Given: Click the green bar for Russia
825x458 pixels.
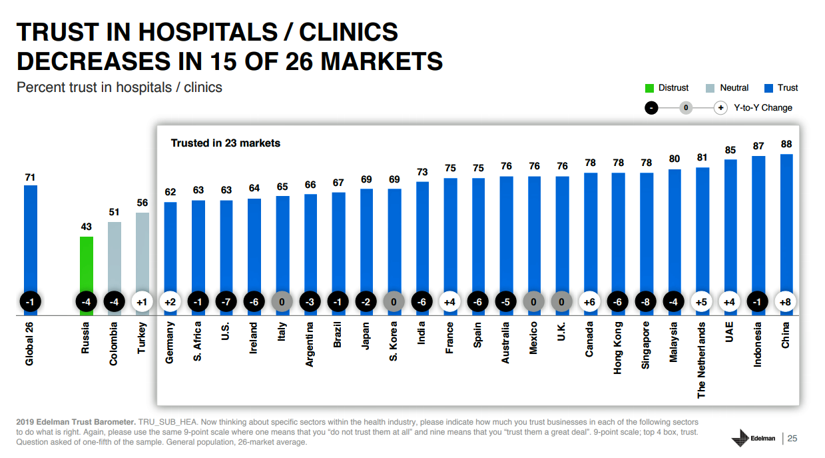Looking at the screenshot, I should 86,267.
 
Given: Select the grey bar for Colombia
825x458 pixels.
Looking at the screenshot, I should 114,260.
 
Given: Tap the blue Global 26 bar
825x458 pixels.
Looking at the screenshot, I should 31,240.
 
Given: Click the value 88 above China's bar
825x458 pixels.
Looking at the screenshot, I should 786,144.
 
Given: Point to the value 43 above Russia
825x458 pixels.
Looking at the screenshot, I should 86,227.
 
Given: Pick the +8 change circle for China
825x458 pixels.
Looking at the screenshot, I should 786,302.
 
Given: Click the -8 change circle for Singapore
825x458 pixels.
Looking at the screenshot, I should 646,302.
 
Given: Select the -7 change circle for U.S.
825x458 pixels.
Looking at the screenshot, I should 226,302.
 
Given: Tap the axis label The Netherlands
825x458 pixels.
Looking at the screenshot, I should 702,360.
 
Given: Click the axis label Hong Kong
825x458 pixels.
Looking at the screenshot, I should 618,347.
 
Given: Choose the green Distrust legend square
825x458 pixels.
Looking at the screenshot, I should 649,88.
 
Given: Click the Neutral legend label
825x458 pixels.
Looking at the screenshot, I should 734,88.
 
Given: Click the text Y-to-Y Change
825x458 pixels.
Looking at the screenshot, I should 763,107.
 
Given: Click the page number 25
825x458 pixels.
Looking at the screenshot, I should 792,438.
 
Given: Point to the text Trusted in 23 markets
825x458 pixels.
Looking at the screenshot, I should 226,143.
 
